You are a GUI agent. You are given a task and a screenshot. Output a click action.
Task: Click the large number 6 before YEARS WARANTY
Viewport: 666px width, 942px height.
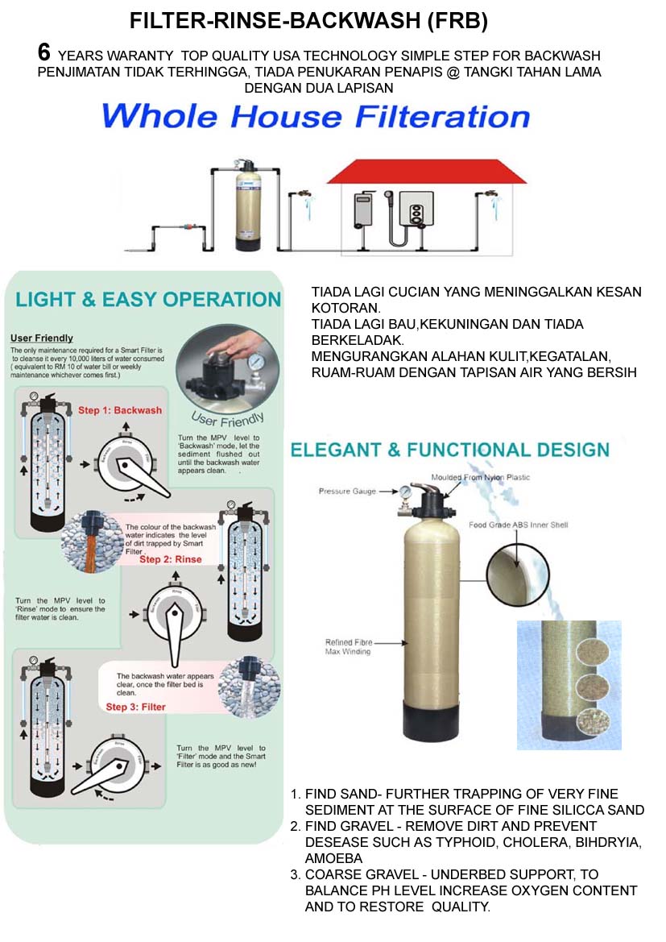pos(45,53)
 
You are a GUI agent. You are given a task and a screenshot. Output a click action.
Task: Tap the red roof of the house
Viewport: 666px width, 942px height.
pos(426,171)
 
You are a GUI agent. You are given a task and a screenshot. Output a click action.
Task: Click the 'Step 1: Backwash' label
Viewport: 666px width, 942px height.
pos(119,410)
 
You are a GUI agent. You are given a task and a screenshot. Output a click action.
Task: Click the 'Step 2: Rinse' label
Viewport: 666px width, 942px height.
pos(170,559)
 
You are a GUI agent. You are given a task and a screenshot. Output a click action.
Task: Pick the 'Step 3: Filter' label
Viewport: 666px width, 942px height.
pos(135,707)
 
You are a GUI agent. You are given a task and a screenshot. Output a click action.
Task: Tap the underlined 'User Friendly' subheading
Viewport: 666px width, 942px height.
pos(41,338)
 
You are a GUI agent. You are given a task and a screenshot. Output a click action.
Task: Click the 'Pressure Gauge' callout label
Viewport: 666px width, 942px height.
pos(347,491)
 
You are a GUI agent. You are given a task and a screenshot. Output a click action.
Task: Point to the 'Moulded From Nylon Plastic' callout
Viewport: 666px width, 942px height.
pos(481,477)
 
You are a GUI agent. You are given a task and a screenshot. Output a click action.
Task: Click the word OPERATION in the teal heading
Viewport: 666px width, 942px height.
pos(221,300)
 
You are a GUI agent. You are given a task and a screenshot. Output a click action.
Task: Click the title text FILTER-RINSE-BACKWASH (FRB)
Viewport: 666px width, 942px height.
pos(309,21)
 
